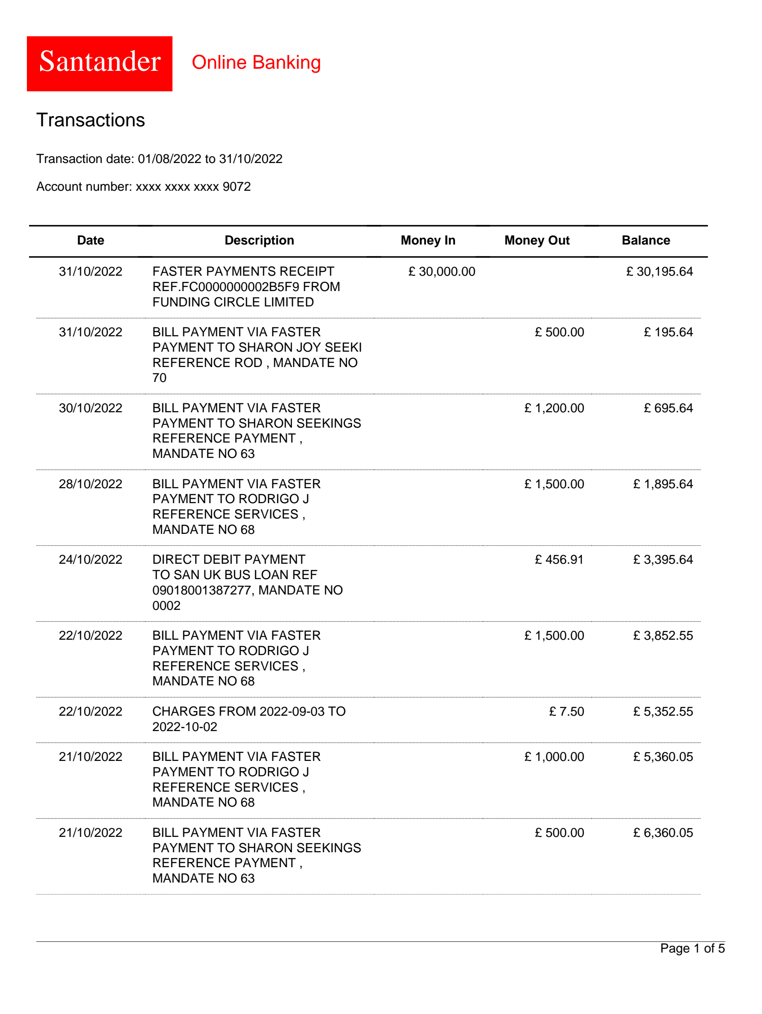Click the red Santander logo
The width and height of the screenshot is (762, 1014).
pyautogui.click(x=99, y=64)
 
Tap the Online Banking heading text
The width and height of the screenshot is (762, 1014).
pyautogui.click(x=256, y=62)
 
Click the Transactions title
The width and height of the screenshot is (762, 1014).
pyautogui.click(x=91, y=120)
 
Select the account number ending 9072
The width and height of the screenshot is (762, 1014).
pyautogui.click(x=143, y=186)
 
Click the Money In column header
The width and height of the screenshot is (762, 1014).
pyautogui.click(x=427, y=240)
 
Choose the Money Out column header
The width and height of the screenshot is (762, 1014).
pyautogui.click(x=537, y=240)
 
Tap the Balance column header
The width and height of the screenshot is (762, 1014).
pyautogui.click(x=645, y=240)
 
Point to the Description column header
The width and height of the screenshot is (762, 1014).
pyautogui.click(x=259, y=240)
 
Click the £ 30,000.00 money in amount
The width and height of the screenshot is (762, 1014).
pyautogui.click(x=441, y=271)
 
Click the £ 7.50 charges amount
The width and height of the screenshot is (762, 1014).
pyautogui.click(x=566, y=711)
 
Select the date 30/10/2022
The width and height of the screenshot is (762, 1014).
pyautogui.click(x=91, y=408)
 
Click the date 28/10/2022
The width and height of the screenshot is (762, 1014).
pyautogui.click(x=91, y=484)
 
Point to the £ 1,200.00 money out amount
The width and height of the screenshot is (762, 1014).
pyautogui.click(x=554, y=408)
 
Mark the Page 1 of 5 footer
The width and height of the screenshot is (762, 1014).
pyautogui.click(x=692, y=948)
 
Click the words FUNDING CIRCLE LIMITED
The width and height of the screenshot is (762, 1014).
pyautogui.click(x=233, y=302)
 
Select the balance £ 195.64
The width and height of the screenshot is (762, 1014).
pyautogui.click(x=668, y=332)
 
